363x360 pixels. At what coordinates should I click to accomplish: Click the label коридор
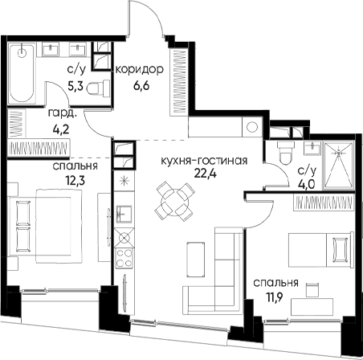pyautogui.click(x=139, y=70)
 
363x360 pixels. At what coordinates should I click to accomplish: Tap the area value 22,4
pyautogui.click(x=206, y=174)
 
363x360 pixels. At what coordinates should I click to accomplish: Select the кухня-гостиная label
pyautogui.click(x=204, y=161)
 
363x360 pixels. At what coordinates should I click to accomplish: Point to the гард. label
pyautogui.click(x=63, y=114)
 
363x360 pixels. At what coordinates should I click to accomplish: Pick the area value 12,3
pyautogui.click(x=75, y=181)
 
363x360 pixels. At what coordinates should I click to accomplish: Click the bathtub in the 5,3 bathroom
pyautogui.click(x=22, y=73)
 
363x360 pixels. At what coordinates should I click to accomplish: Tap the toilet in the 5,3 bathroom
pyautogui.click(x=99, y=88)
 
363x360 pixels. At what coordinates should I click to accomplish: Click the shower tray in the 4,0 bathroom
pyautogui.click(x=339, y=165)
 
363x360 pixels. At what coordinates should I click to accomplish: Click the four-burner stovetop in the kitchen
pyautogui.click(x=124, y=258)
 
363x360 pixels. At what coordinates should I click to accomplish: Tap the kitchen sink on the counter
pyautogui.click(x=124, y=214)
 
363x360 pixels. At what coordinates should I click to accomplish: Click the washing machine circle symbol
pyautogui.click(x=252, y=127)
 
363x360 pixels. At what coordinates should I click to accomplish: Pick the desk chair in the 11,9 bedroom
pyautogui.click(x=312, y=290)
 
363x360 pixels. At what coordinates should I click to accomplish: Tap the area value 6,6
pyautogui.click(x=141, y=86)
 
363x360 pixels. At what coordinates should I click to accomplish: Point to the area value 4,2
pyautogui.click(x=61, y=129)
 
